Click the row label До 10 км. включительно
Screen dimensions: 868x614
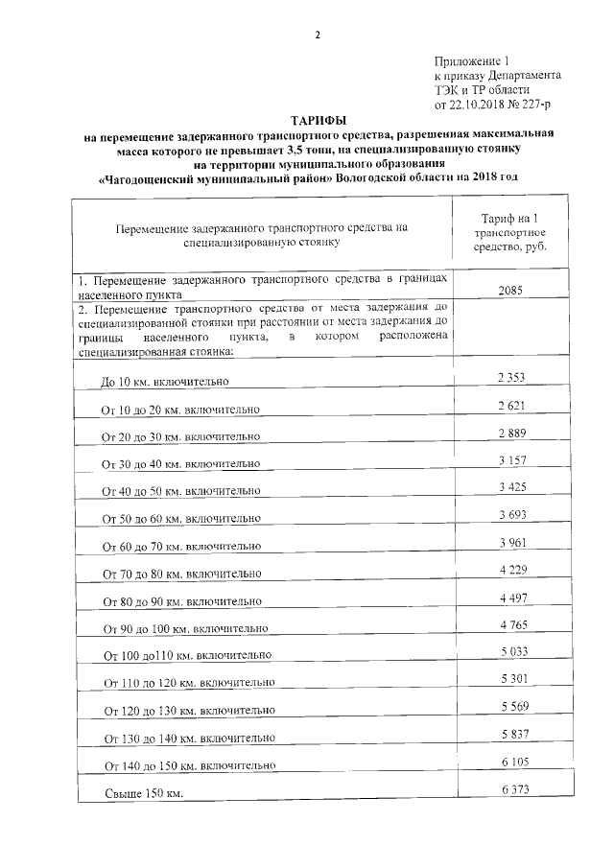[x=164, y=383]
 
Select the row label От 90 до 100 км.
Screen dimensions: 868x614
[x=183, y=629]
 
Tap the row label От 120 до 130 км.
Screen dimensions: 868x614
[x=190, y=712]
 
